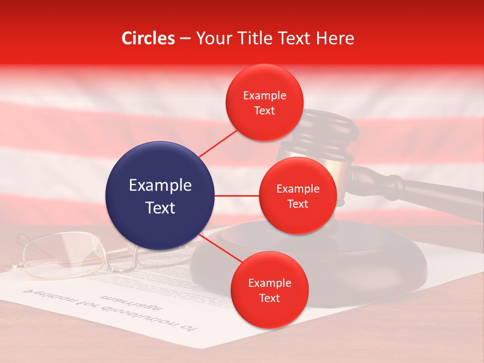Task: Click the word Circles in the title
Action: coord(148,38)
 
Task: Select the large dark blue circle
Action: coord(160,196)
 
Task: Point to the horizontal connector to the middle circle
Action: coord(236,196)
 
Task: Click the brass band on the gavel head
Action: coord(323,161)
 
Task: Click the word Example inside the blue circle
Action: coord(160,186)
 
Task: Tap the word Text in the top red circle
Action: coord(264,111)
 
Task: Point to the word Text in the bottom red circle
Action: coord(269,298)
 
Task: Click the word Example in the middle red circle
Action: coord(297,189)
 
